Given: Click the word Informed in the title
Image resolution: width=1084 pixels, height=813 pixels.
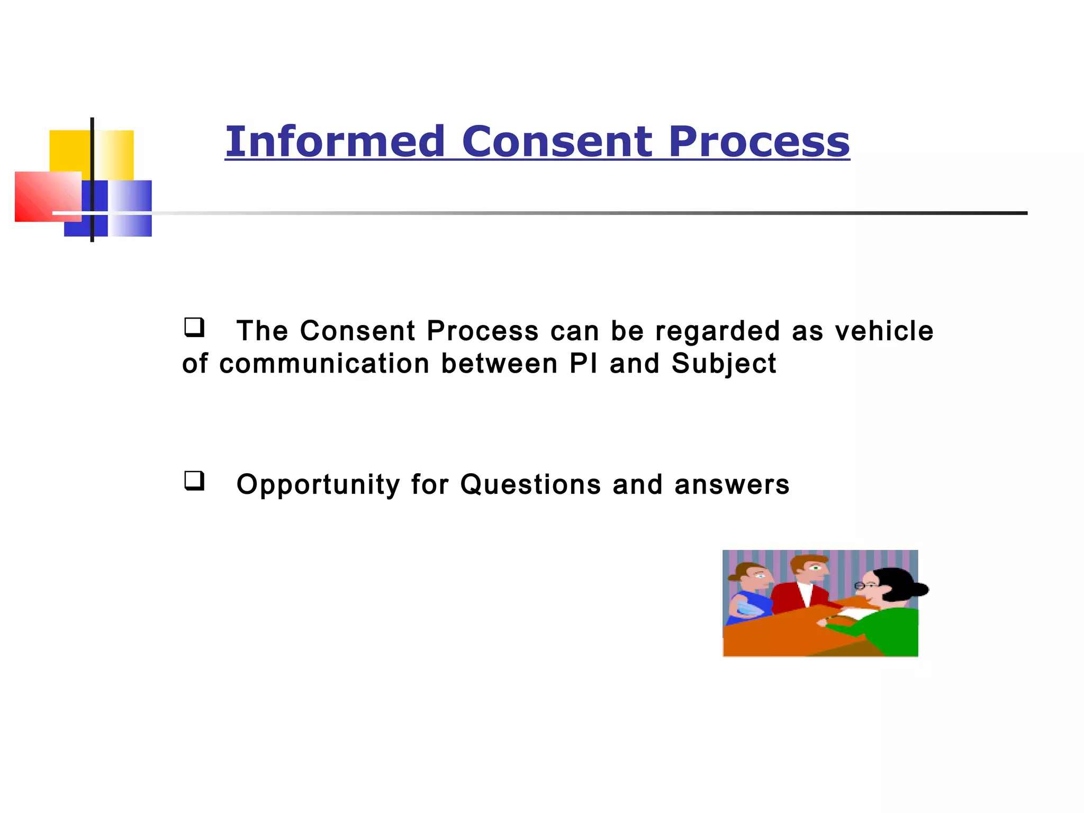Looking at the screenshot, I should coord(335,142).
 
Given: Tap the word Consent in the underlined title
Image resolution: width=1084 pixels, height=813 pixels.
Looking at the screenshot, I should coord(557,142).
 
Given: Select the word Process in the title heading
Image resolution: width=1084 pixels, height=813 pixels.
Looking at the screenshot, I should coord(758,142).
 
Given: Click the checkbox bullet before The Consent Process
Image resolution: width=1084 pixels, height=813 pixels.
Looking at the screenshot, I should coord(194,327).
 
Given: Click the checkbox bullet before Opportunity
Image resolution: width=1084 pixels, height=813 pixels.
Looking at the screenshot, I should coord(194,481).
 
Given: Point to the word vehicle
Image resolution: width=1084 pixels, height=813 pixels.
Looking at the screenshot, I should coord(884,331).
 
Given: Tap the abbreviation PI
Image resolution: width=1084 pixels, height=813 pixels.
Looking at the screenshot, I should coord(583,364).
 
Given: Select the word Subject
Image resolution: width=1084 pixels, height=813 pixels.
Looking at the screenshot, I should coord(724,364).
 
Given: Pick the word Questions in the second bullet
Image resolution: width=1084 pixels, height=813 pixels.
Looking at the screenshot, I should coord(530,485).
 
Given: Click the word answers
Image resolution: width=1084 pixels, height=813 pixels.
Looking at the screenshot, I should coord(731,485).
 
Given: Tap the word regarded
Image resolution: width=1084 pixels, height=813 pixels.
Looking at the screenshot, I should coord(717,331).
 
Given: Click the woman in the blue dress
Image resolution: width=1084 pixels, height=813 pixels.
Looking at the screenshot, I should coord(749,593).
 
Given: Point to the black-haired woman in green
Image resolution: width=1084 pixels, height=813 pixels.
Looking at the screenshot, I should coord(889,609).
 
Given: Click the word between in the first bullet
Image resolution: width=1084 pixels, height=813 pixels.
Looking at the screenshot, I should coord(499,364).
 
